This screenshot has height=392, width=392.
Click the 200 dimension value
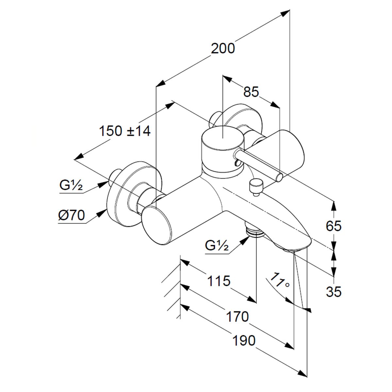coord(223,49)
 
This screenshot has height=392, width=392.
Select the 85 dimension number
coord(251,92)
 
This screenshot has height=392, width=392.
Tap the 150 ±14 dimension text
coord(125,131)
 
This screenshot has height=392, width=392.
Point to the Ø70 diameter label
coord(72,216)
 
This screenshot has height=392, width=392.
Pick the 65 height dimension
coord(334,226)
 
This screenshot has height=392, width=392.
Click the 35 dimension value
coord(334,291)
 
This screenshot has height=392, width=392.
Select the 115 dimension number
coord(219,280)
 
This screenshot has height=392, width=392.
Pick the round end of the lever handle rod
coord(279,177)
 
